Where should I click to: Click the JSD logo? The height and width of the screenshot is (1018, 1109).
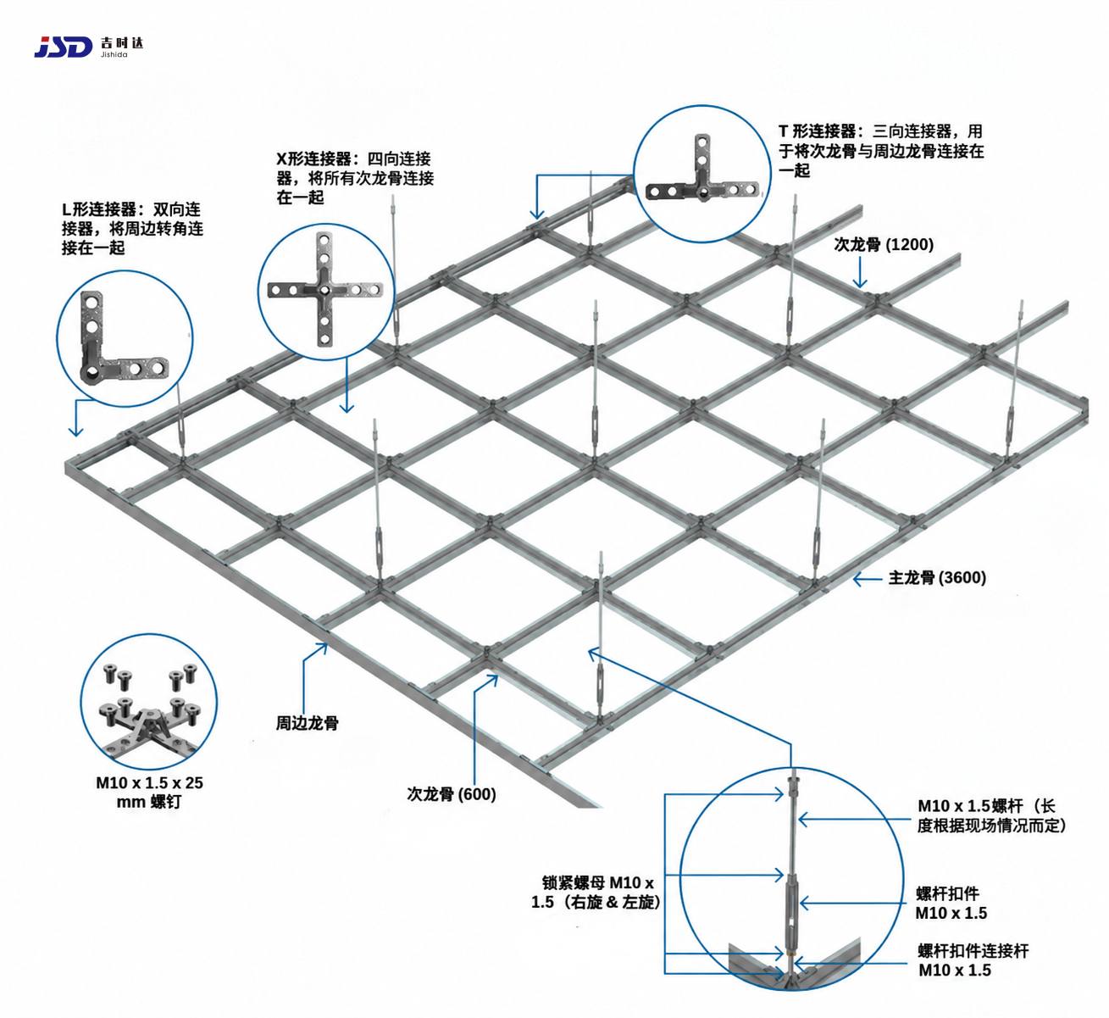click(x=63, y=47)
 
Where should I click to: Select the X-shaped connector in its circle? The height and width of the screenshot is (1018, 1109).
click(x=325, y=289)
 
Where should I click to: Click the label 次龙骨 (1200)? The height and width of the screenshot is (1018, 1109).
click(x=884, y=244)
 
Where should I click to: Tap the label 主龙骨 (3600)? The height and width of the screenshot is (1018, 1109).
click(x=937, y=577)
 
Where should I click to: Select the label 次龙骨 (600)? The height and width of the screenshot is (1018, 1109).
click(x=451, y=794)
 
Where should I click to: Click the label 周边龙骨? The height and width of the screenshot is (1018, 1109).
click(x=307, y=723)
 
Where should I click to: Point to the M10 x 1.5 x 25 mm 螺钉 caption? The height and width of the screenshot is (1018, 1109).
click(x=149, y=792)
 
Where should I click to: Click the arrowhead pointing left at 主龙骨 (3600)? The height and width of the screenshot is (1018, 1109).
click(x=858, y=579)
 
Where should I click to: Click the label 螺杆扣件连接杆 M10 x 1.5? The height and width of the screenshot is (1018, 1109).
click(x=973, y=960)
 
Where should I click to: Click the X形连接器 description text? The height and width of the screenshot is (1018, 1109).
click(x=355, y=178)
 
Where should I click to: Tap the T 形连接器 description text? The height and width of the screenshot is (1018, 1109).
click(x=881, y=151)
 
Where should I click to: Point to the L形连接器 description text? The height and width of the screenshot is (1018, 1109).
click(x=133, y=228)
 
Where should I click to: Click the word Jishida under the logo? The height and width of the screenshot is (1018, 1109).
click(x=114, y=54)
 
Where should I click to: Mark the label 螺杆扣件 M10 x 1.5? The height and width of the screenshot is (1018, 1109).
click(x=951, y=903)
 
